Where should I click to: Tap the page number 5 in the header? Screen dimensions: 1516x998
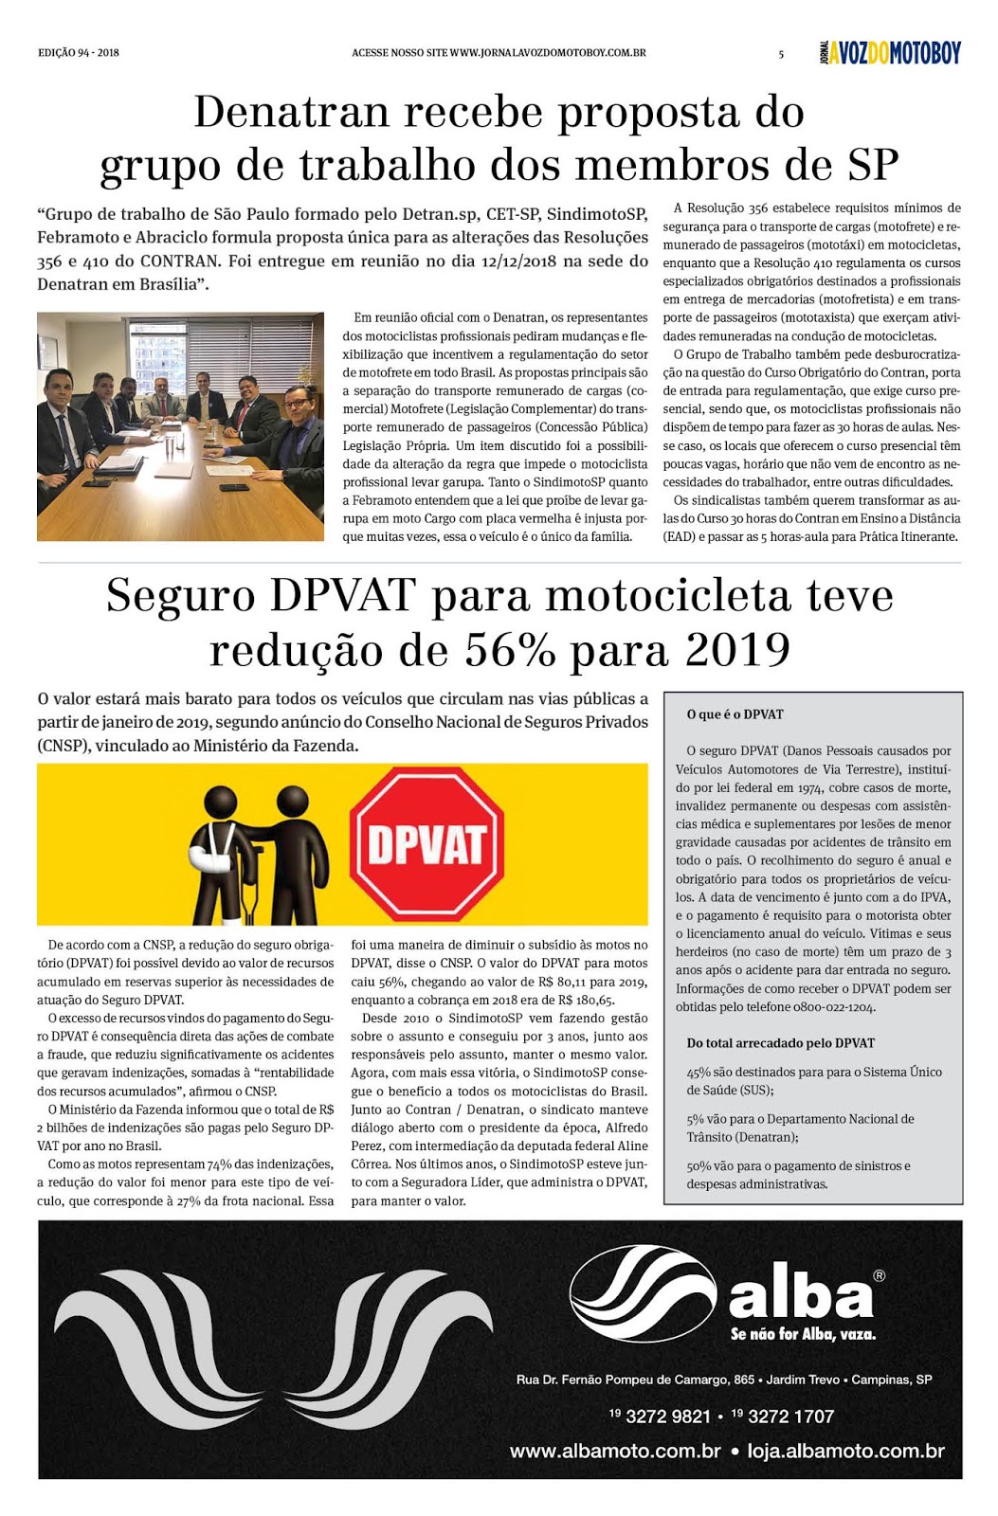pos(781,54)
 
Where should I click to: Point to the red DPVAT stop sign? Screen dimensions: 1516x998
pos(426,844)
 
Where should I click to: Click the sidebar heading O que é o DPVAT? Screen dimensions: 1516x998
pos(735,714)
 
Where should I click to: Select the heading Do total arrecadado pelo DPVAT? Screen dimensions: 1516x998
pos(780,1043)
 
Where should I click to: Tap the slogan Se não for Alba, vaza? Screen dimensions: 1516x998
pos(803,1334)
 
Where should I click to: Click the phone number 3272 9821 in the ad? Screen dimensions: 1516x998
pos(668,1417)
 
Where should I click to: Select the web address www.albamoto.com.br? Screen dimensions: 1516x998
pos(615,1451)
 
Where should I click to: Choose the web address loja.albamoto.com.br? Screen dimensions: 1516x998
pos(845,1451)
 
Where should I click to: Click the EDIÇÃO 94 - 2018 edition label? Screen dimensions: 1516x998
pos(79,53)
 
